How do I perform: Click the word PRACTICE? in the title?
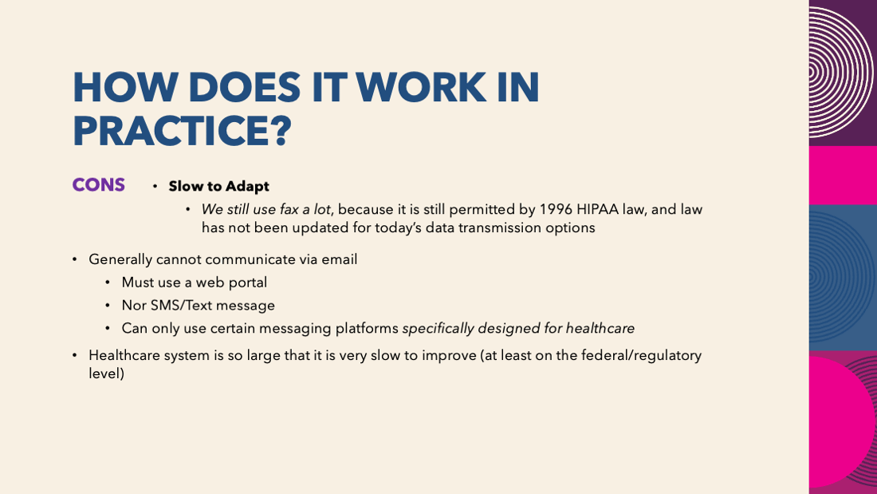pyautogui.click(x=183, y=131)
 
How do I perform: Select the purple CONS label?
pyautogui.click(x=98, y=185)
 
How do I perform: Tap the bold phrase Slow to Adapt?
pyautogui.click(x=218, y=186)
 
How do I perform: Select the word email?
pyautogui.click(x=339, y=259)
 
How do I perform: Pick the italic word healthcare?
pyautogui.click(x=600, y=328)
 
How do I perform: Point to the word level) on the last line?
pyautogui.click(x=106, y=373)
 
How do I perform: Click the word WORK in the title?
pyautogui.click(x=421, y=87)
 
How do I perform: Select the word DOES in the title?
pyautogui.click(x=245, y=87)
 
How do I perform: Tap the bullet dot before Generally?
pyautogui.click(x=74, y=259)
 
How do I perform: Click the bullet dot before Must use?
pyautogui.click(x=108, y=283)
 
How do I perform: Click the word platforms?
pyautogui.click(x=367, y=329)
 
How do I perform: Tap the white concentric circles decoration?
pyautogui.click(x=840, y=73)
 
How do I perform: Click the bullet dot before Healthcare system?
pyautogui.click(x=74, y=355)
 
